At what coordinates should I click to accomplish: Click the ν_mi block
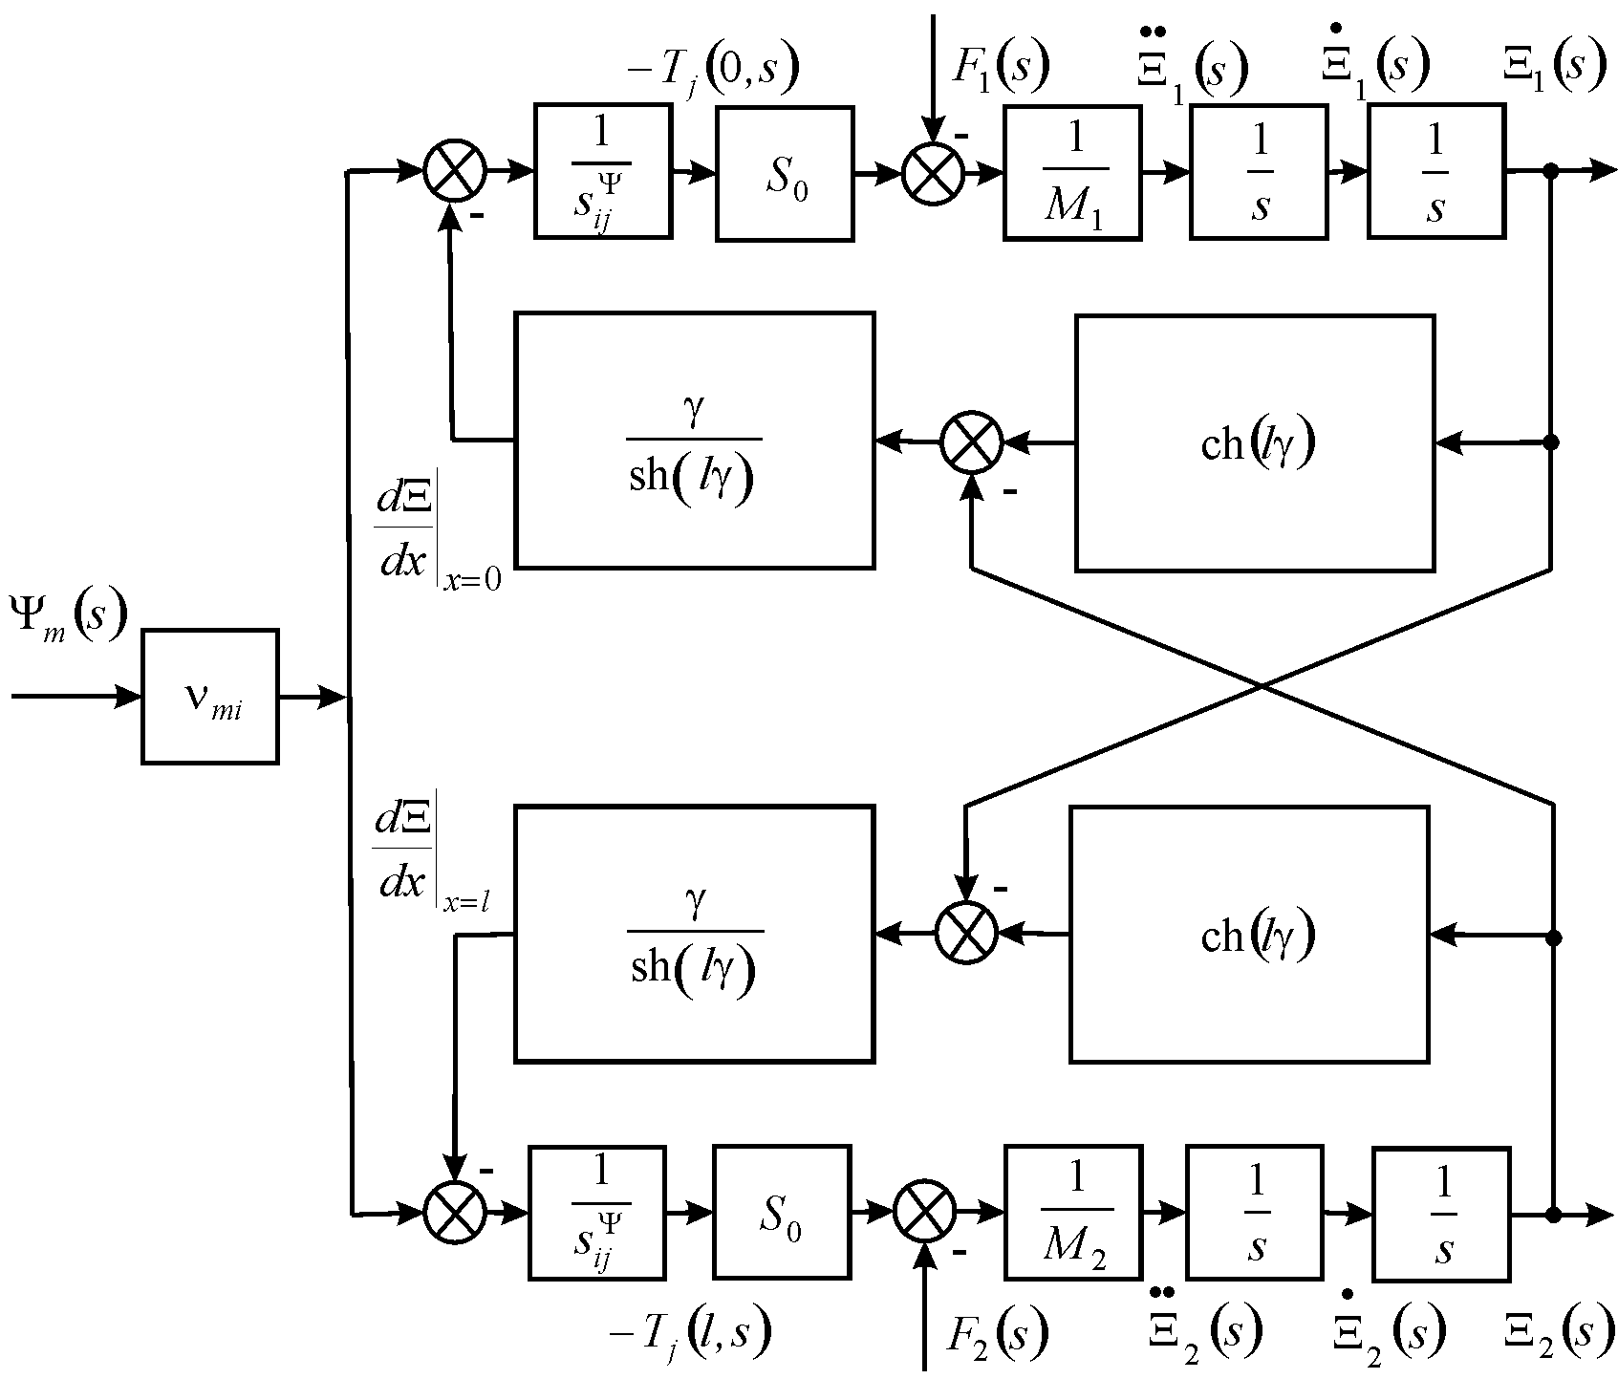[x=210, y=697]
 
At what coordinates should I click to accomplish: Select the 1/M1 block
[x=1071, y=172]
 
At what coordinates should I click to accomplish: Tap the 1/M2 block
[x=1073, y=1214]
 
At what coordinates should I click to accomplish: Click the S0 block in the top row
[x=784, y=173]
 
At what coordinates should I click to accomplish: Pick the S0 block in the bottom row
[x=780, y=1214]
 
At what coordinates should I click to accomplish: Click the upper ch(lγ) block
[x=1255, y=442]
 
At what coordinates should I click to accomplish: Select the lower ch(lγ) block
[x=1250, y=935]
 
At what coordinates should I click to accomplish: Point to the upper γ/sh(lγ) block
[x=694, y=441]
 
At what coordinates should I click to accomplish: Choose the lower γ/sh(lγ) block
[x=694, y=934]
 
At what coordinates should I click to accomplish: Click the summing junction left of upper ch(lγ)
[x=971, y=442]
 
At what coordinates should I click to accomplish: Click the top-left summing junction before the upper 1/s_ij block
[x=455, y=173]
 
